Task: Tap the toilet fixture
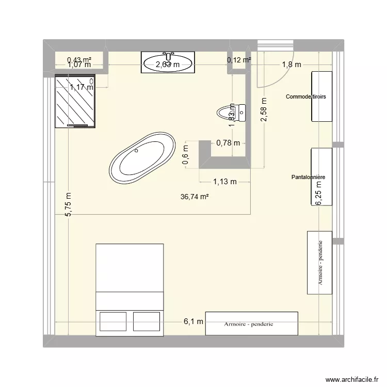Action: (231, 111)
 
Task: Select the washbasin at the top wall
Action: (168, 62)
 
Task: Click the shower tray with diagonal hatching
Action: (75, 101)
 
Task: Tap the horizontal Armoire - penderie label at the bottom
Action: (248, 324)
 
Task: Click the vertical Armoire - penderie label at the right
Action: (320, 263)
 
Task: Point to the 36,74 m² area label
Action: (195, 197)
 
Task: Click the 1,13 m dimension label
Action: (224, 181)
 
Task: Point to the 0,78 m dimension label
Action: (228, 143)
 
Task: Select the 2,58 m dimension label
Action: (264, 110)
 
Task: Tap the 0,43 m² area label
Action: (79, 60)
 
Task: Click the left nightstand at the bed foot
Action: (112, 320)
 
